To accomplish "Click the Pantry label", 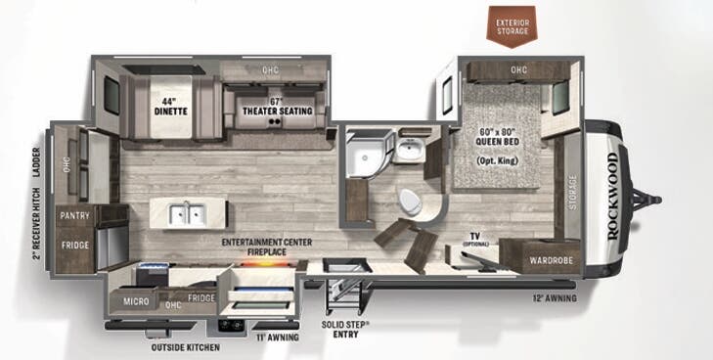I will pos(74,214).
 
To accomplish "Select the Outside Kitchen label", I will pos(184,347).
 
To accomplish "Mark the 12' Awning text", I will pos(554,297).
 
